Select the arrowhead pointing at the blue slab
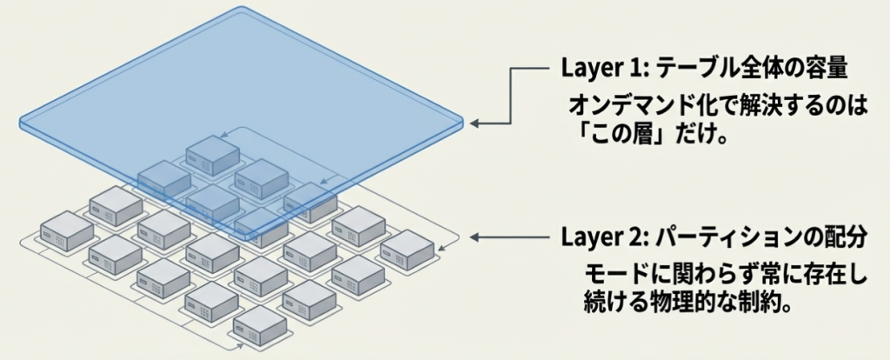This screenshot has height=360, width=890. pyautogui.click(x=475, y=124)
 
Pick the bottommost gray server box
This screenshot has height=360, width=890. pyautogui.click(x=260, y=323)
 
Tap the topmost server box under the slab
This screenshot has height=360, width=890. pyautogui.click(x=213, y=153)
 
